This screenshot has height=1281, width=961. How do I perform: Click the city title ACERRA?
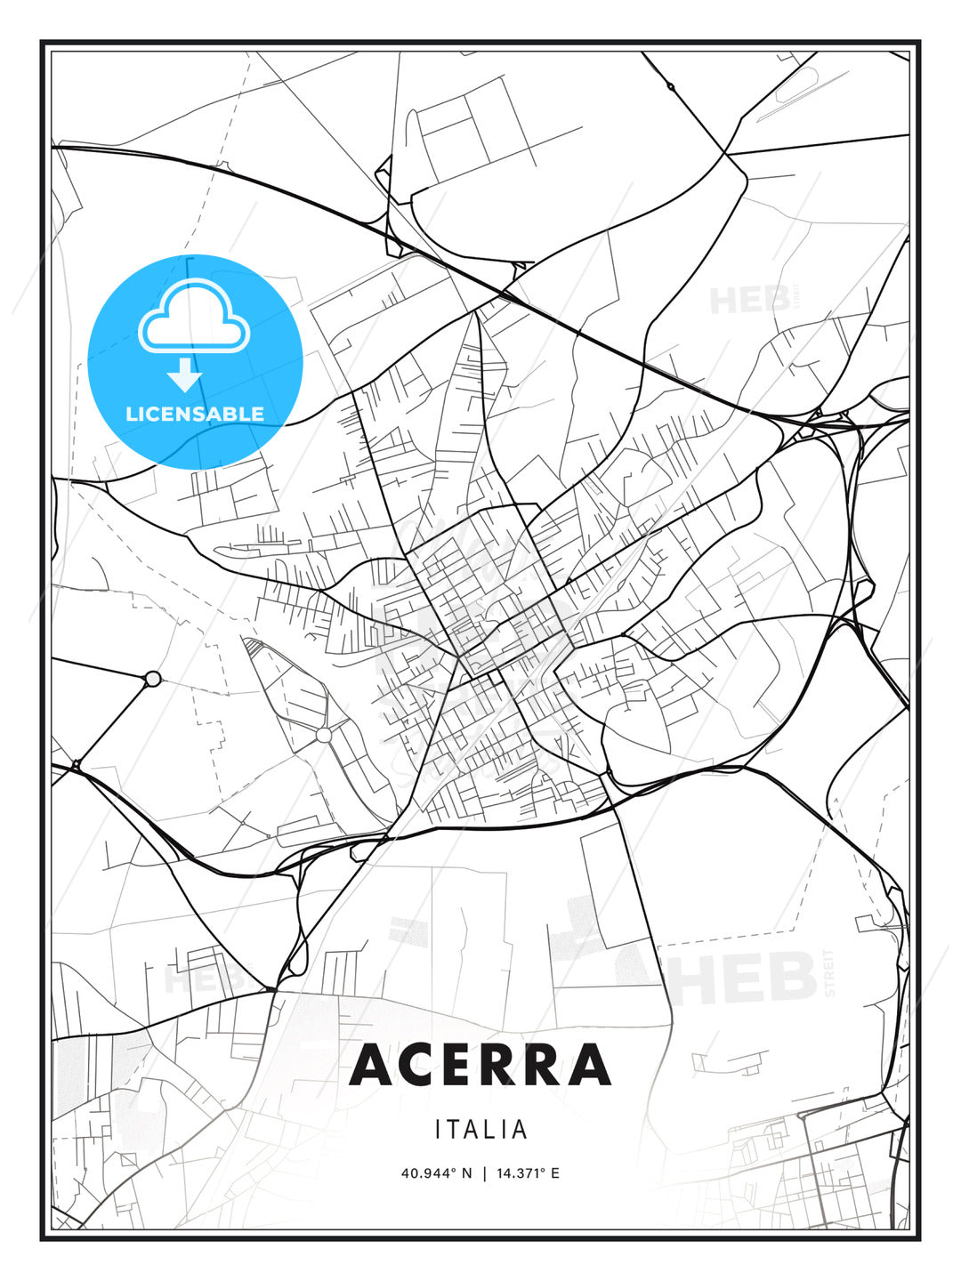pos(480,1065)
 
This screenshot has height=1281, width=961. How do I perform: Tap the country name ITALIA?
pos(481,1130)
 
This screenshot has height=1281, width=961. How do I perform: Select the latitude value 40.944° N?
pos(437,1172)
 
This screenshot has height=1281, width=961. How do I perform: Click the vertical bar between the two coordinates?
pos(484,1172)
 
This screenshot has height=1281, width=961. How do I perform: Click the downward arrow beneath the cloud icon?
pos(185,375)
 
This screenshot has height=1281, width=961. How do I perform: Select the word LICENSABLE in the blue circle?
pos(195,414)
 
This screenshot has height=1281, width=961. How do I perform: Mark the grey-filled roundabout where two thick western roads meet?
pos(152,679)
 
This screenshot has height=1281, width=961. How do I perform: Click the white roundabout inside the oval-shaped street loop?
pos(323,735)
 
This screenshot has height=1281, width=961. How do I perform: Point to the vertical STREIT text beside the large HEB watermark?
pos(831,973)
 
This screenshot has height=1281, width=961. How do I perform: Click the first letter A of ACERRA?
pos(374,1065)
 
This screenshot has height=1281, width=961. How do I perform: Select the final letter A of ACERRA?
pos(588,1065)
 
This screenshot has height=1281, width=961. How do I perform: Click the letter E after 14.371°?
pos(554,1172)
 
